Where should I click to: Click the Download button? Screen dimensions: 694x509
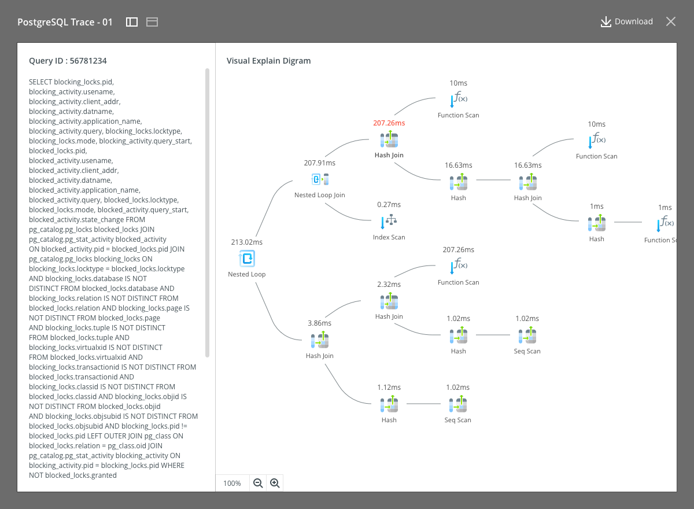tap(627, 21)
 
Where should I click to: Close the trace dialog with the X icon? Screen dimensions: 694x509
tap(671, 21)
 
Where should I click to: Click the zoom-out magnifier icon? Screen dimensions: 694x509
tap(258, 483)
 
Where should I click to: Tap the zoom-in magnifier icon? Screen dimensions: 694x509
tap(275, 483)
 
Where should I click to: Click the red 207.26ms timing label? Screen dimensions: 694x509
tap(389, 123)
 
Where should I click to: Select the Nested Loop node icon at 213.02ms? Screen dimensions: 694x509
tap(247, 259)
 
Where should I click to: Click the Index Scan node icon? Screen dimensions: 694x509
tap(389, 221)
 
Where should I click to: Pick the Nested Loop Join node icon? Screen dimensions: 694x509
tap(320, 179)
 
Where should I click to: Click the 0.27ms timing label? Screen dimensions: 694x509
tap(389, 204)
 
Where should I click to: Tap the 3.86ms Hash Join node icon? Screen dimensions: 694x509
tap(320, 340)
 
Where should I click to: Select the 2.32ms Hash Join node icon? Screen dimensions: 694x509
tap(389, 301)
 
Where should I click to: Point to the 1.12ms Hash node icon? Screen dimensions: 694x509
tap(389, 404)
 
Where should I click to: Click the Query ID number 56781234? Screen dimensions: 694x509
tap(88, 61)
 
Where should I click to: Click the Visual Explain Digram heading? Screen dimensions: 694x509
tap(268, 61)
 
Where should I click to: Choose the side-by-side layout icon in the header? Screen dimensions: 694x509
tap(132, 22)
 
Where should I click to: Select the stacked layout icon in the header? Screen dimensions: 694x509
tap(152, 22)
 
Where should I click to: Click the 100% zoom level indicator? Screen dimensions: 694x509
tap(232, 484)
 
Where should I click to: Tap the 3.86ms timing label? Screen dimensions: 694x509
tap(319, 323)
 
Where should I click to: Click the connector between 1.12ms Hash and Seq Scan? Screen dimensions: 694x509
tap(423, 404)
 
